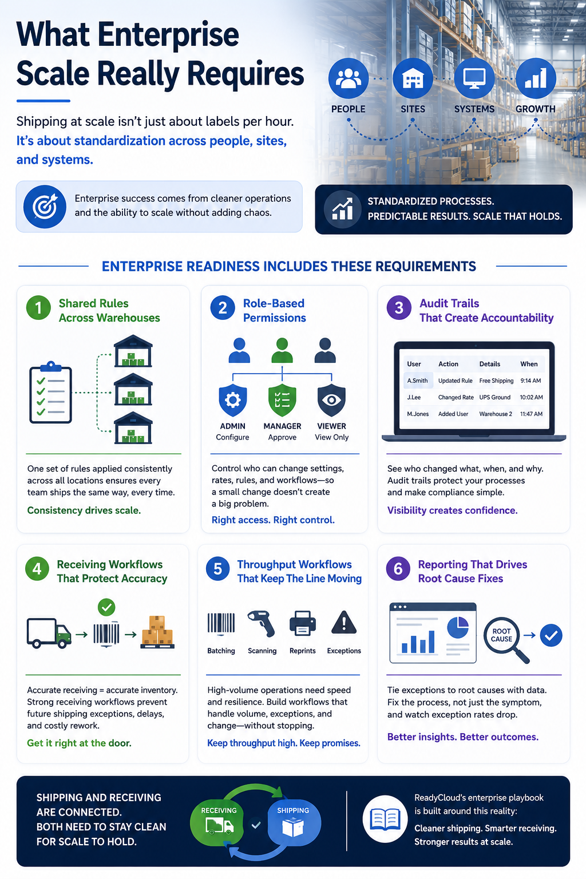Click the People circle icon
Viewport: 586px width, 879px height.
click(348, 78)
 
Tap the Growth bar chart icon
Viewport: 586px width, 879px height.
click(536, 78)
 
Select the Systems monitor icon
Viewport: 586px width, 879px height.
click(474, 78)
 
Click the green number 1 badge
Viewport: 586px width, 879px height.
click(38, 308)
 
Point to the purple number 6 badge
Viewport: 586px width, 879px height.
click(398, 569)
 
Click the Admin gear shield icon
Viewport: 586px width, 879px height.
click(233, 400)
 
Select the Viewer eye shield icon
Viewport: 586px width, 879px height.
click(332, 400)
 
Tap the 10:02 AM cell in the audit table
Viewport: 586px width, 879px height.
click(531, 397)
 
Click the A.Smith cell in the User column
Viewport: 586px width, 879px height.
click(417, 381)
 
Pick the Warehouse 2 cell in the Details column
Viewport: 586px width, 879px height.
click(496, 414)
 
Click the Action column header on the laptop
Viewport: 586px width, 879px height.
click(448, 364)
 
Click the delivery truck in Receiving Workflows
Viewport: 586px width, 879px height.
click(49, 633)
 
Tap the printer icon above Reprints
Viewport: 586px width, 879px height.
click(303, 623)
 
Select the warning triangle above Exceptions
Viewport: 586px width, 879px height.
click(344, 623)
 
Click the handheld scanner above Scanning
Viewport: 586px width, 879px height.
click(262, 623)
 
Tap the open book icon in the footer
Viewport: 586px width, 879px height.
click(385, 819)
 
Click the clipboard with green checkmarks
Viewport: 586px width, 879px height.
click(50, 392)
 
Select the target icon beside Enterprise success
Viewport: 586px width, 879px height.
click(45, 207)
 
